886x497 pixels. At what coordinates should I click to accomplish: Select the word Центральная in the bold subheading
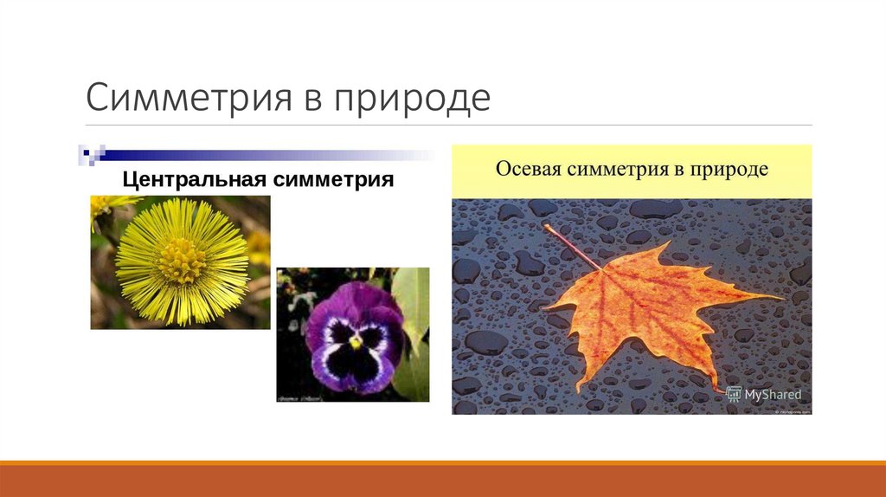pos(195,180)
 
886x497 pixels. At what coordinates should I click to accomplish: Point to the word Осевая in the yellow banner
pos(529,168)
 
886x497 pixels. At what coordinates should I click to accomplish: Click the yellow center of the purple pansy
pos(355,343)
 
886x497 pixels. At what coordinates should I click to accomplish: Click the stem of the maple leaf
pos(573,246)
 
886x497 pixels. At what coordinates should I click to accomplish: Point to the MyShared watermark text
pos(774,395)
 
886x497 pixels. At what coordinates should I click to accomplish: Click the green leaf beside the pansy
pos(413,303)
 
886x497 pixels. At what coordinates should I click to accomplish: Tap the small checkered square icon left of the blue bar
pos(90,155)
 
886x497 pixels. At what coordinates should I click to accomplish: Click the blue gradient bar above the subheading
pos(260,156)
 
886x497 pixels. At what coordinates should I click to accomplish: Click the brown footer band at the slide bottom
pos(443,481)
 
